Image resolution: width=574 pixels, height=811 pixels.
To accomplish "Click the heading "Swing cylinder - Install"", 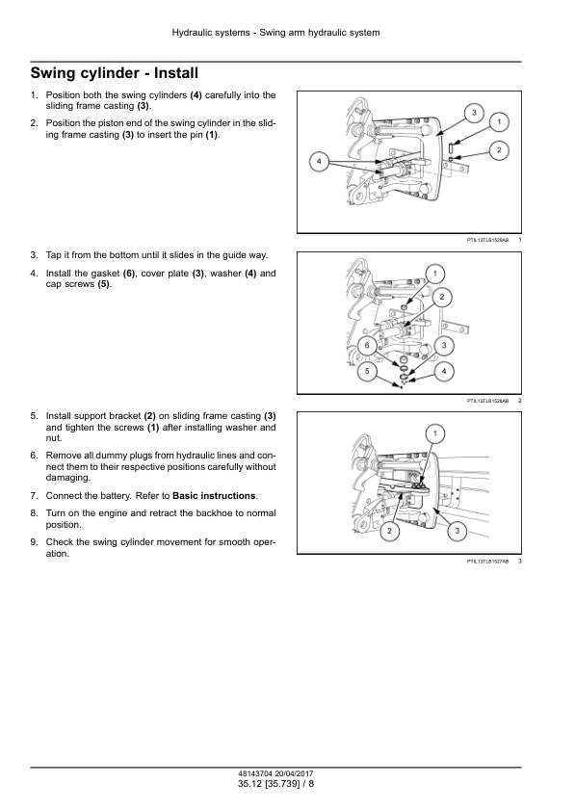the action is coord(115,73).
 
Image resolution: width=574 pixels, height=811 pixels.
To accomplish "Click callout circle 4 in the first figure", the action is coord(319,162).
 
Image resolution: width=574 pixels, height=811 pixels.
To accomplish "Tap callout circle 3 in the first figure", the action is coord(474,114).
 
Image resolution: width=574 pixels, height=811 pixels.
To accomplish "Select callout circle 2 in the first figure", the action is coord(499,150).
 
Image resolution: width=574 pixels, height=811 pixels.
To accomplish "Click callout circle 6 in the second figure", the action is coord(367,346).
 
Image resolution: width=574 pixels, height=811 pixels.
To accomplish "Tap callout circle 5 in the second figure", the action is coord(367,371).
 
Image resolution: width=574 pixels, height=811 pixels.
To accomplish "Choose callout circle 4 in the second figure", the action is coord(444,371).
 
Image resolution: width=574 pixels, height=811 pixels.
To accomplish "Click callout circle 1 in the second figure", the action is coord(435,274).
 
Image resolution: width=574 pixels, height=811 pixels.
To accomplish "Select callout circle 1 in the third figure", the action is coord(435,433).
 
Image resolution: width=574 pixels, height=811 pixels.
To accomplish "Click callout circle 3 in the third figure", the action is coord(457,531).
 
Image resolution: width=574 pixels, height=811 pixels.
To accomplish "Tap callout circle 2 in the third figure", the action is coord(389,531).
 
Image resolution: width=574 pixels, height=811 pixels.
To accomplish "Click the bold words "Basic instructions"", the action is coord(214,495).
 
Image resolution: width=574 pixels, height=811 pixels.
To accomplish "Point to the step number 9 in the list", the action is coord(34,542).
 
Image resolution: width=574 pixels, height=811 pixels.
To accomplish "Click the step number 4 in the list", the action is coord(34,274).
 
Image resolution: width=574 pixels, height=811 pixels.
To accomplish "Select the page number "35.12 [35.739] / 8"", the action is coord(275,784).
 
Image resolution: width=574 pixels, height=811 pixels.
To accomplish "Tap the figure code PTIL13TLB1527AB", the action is coord(487,562).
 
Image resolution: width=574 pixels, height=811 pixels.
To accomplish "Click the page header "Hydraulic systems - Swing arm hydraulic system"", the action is coord(275,33).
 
